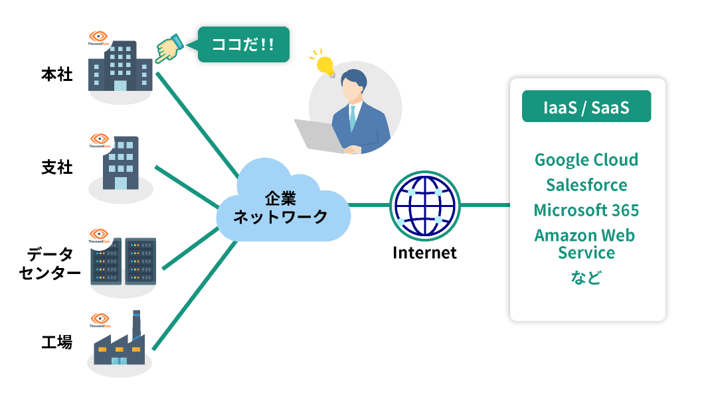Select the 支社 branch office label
(x=56, y=168)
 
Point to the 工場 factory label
(x=56, y=343)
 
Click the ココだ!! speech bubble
(x=243, y=44)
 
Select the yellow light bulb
(x=325, y=65)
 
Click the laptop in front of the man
(x=317, y=135)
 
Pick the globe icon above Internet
(x=424, y=205)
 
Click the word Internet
(x=424, y=253)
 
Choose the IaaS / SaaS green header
(x=586, y=107)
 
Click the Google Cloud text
(x=586, y=160)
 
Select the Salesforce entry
(x=586, y=185)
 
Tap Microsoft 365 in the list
(x=586, y=210)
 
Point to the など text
(x=586, y=277)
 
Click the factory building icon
(x=120, y=345)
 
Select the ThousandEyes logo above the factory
(x=100, y=320)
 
